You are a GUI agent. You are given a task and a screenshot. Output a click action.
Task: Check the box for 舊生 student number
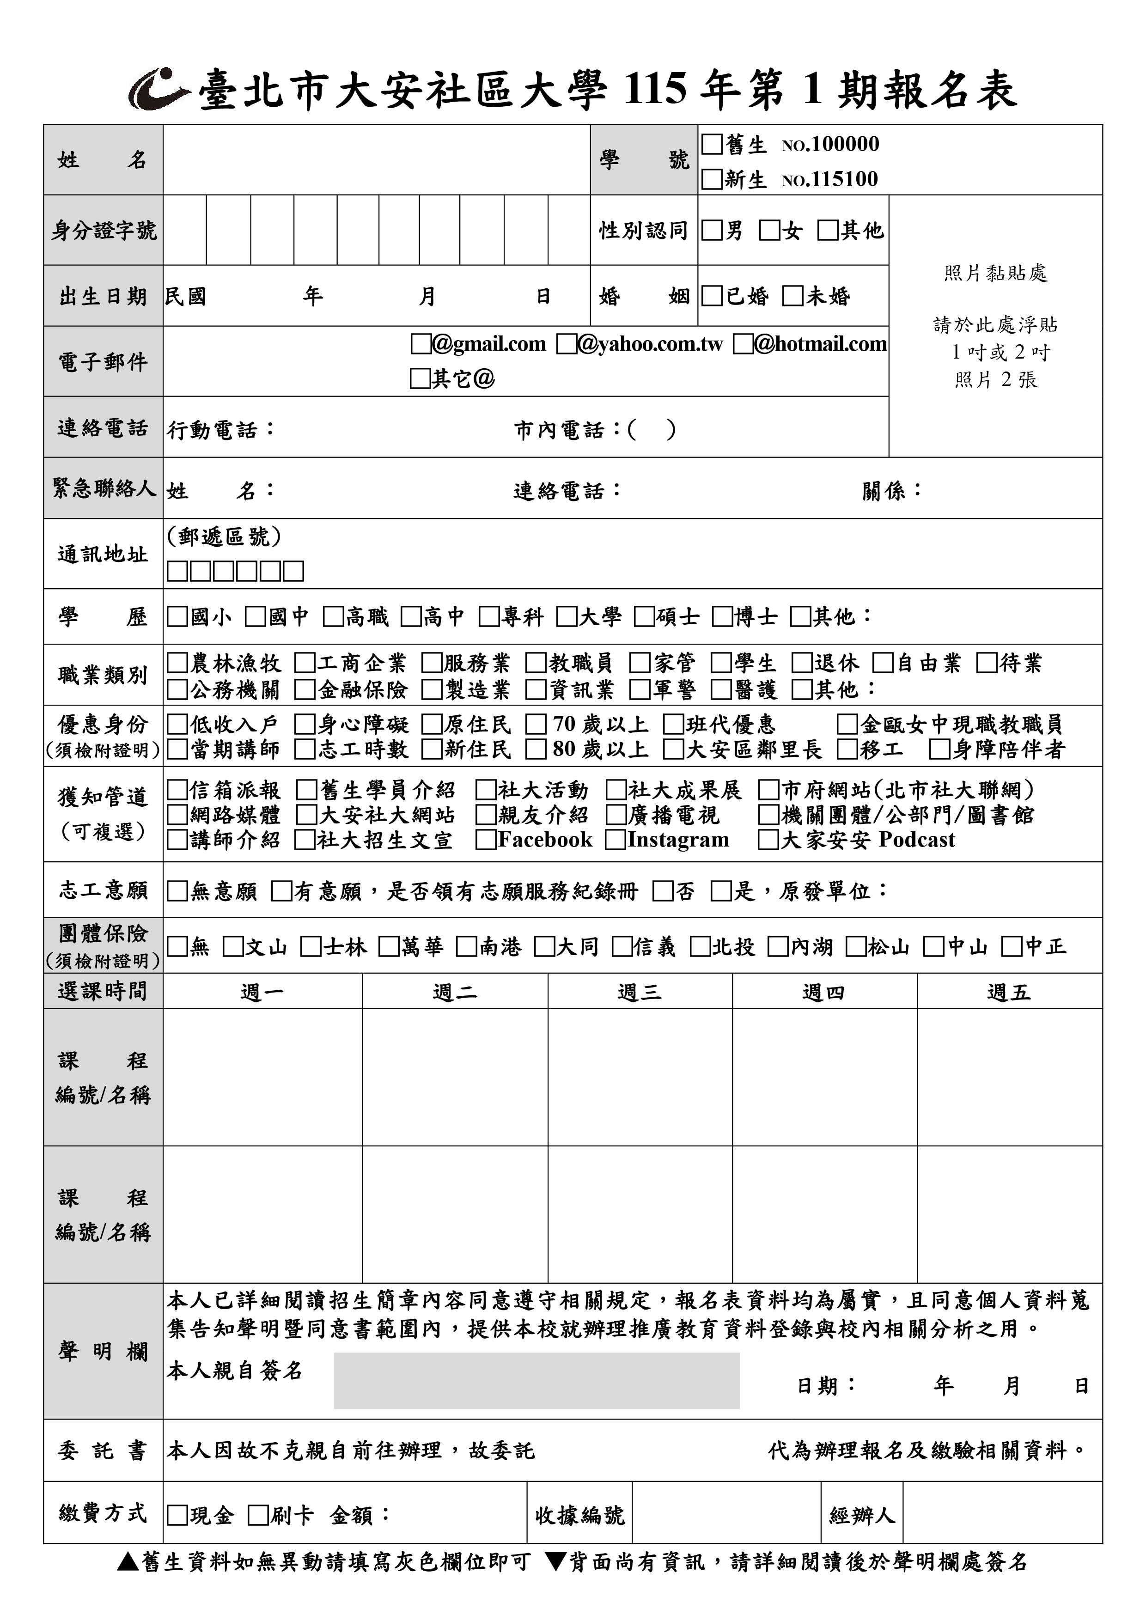pyautogui.click(x=712, y=145)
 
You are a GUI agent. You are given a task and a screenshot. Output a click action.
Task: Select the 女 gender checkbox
pyautogui.click(x=769, y=230)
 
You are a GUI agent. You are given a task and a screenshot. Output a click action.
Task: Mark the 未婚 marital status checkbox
pyautogui.click(x=793, y=296)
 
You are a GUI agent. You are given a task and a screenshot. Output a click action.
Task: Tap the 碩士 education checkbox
pyautogui.click(x=644, y=617)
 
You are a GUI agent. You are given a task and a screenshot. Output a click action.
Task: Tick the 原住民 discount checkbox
pyautogui.click(x=432, y=725)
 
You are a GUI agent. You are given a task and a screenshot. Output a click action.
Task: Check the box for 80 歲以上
pyautogui.click(x=536, y=749)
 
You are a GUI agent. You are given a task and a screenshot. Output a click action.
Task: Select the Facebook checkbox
pyautogui.click(x=485, y=840)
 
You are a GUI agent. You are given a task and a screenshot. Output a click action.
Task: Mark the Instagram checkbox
pyautogui.click(x=615, y=840)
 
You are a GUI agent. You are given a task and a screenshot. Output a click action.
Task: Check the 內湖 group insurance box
pyautogui.click(x=777, y=947)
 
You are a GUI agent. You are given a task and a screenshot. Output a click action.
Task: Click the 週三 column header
pyautogui.click(x=639, y=992)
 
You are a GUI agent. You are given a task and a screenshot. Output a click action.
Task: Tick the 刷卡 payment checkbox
pyautogui.click(x=258, y=1515)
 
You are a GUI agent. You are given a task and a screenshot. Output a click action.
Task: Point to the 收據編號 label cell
pyautogui.click(x=579, y=1515)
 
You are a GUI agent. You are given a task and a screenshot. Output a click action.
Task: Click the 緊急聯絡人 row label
pyautogui.click(x=103, y=488)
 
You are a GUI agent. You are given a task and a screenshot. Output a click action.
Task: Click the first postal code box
pyautogui.click(x=177, y=571)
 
